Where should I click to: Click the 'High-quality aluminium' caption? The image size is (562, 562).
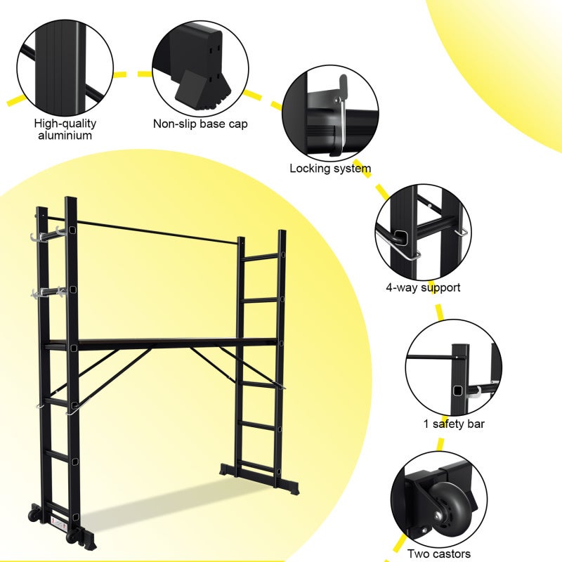(65, 129)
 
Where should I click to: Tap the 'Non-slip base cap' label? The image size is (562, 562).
(200, 124)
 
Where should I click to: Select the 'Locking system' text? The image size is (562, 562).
(330, 169)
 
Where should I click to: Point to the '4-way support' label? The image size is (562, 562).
(423, 287)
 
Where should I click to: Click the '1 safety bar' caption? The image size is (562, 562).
(453, 424)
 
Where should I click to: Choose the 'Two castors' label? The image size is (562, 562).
(439, 554)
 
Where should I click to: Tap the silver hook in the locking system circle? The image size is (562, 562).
(340, 116)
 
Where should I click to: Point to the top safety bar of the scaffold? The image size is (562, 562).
(155, 231)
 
